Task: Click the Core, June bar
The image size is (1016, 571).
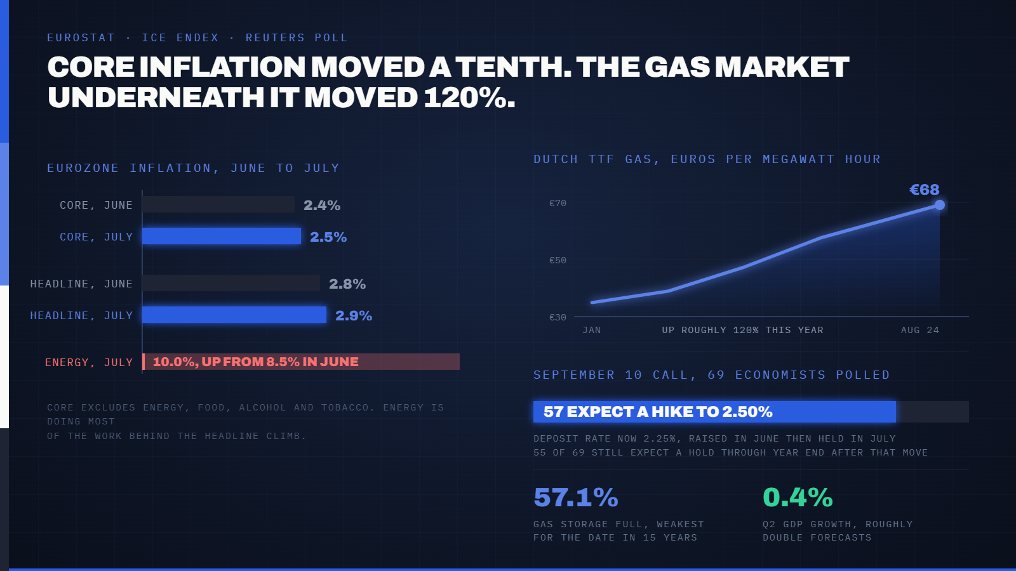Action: pyautogui.click(x=218, y=204)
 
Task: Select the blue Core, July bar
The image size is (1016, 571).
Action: pyautogui.click(x=222, y=236)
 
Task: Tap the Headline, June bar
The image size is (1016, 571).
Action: pyautogui.click(x=231, y=283)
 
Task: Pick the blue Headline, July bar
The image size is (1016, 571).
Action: pyautogui.click(x=234, y=315)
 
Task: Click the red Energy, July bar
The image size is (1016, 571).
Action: pyautogui.click(x=301, y=362)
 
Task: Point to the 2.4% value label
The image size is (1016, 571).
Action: pyautogui.click(x=322, y=206)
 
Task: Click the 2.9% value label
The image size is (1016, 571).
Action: pyautogui.click(x=354, y=315)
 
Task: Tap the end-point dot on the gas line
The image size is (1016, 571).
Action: pyautogui.click(x=940, y=205)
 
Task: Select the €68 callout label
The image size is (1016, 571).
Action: pyautogui.click(x=925, y=190)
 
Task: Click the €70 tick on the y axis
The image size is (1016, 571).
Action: pyautogui.click(x=558, y=203)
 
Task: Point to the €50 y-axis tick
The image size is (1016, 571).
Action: pyautogui.click(x=558, y=260)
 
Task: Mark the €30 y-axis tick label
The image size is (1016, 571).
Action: pyautogui.click(x=558, y=317)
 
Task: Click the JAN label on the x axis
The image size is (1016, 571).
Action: pyautogui.click(x=592, y=330)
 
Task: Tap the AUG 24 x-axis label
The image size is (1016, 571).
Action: pyautogui.click(x=920, y=330)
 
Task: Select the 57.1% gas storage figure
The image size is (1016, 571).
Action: pyautogui.click(x=576, y=497)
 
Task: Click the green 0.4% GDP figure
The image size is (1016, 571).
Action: pyautogui.click(x=798, y=497)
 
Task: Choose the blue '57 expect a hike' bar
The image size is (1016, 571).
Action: pyautogui.click(x=715, y=412)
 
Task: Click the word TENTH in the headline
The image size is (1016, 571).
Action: pyautogui.click(x=514, y=67)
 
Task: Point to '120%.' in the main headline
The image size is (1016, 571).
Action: pyautogui.click(x=470, y=98)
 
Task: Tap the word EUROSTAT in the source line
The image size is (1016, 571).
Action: pyautogui.click(x=81, y=37)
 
